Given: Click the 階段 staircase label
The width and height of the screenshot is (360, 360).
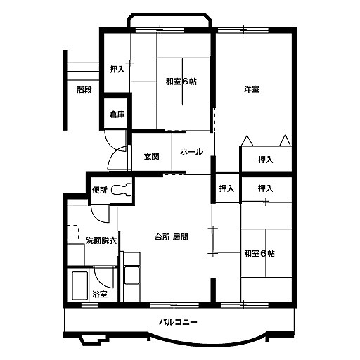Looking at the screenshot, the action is [84, 89].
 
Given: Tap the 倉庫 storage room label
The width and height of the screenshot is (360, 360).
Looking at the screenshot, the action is [117, 115].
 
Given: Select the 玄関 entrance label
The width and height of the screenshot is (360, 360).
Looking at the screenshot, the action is [152, 156].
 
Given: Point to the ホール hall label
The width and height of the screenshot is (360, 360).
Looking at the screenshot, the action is [191, 152].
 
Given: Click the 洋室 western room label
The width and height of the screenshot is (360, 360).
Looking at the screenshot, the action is [252, 89].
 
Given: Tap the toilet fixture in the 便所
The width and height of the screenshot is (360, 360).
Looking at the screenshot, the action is [121, 189].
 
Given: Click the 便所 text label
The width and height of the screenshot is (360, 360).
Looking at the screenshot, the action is [100, 190].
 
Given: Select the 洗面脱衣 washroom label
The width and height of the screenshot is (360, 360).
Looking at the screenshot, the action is [101, 240].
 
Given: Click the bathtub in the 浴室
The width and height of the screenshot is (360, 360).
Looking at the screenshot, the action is [80, 285].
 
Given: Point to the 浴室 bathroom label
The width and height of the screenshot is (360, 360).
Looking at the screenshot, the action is [100, 294].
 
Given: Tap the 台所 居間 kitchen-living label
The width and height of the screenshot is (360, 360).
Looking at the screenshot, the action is [172, 237].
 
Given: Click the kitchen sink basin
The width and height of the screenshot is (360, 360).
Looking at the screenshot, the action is [131, 276].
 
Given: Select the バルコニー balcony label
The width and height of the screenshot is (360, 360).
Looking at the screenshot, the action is [179, 322].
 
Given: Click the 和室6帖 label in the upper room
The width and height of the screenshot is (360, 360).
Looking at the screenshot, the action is [181, 82].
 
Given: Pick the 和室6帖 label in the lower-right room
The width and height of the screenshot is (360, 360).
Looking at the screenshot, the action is [259, 253].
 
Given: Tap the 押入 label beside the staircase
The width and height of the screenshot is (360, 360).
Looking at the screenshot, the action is [117, 70].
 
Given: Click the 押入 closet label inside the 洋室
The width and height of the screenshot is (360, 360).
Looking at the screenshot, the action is [266, 160].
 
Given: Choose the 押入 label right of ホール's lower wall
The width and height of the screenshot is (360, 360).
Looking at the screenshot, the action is [226, 188].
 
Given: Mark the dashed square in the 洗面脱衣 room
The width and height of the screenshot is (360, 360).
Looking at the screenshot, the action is [73, 233].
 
